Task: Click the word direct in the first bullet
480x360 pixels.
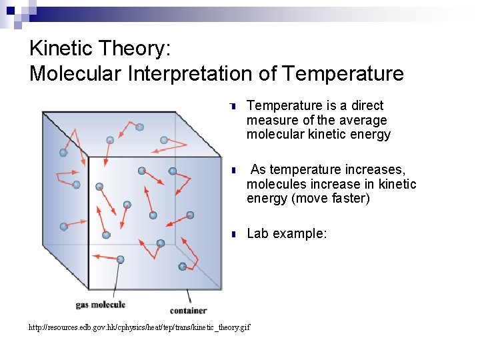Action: pyautogui.click(x=367, y=105)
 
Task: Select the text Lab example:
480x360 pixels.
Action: pyautogui.click(x=287, y=233)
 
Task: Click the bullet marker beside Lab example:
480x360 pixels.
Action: pyautogui.click(x=234, y=234)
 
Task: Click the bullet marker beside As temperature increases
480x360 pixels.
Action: pyautogui.click(x=234, y=170)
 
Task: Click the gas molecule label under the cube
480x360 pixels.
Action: pyautogui.click(x=100, y=305)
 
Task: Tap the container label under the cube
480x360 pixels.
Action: pyautogui.click(x=188, y=310)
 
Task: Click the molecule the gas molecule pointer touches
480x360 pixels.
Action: pyautogui.click(x=120, y=259)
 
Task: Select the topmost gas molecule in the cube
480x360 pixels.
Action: pyautogui.click(x=139, y=127)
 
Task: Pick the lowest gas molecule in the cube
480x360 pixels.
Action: pyautogui.click(x=183, y=267)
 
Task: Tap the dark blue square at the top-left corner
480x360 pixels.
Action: pyautogui.click(x=10, y=10)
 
